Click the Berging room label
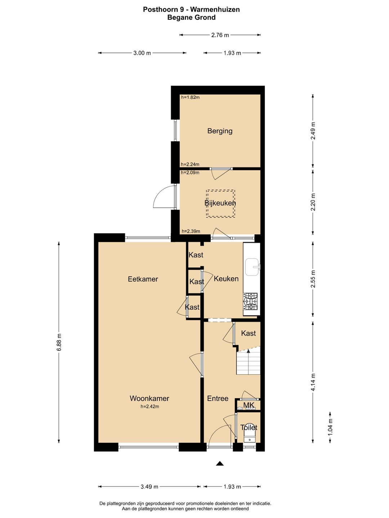(x=220, y=131)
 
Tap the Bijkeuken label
(x=220, y=203)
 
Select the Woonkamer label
(x=149, y=398)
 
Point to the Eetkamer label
(x=143, y=279)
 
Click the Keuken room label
(x=226, y=279)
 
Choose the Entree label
(x=218, y=398)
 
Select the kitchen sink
(x=252, y=267)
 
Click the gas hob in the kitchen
(x=251, y=301)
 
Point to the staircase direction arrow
(x=248, y=351)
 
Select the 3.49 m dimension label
(x=149, y=487)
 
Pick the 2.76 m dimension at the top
(x=220, y=35)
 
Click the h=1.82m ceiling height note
(x=190, y=97)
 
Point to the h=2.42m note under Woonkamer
(x=150, y=406)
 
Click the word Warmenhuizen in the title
(x=215, y=9)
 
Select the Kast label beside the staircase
(x=249, y=333)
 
